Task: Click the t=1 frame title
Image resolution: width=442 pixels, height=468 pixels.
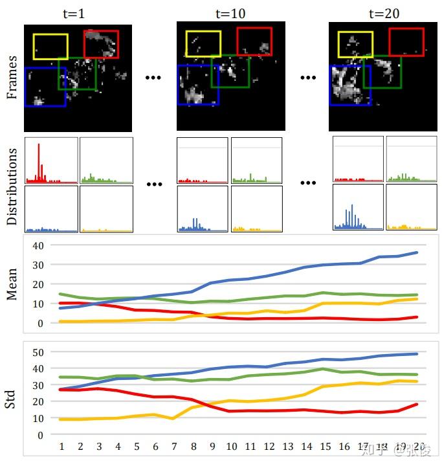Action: tap(78, 13)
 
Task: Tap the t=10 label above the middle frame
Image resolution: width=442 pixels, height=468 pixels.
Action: tap(230, 13)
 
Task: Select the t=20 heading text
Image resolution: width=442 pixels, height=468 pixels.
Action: tap(384, 13)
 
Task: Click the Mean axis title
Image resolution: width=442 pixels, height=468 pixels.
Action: tap(12, 285)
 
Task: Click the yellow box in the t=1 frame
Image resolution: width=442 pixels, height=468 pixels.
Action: tap(50, 47)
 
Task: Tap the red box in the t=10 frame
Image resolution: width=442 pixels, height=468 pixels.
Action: tap(254, 41)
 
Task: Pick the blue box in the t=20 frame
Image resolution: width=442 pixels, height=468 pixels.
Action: tap(350, 84)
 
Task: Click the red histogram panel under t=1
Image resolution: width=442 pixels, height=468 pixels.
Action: tap(50, 160)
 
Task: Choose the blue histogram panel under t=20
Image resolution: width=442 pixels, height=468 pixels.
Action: tap(358, 208)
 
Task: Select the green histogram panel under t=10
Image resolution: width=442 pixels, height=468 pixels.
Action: tap(257, 160)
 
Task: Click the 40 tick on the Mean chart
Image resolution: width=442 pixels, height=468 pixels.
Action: tap(38, 245)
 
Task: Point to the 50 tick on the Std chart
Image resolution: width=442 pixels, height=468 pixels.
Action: tap(38, 351)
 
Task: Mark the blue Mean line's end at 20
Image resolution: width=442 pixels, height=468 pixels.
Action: tap(417, 252)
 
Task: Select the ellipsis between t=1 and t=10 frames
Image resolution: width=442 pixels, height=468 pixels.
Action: tap(154, 78)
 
